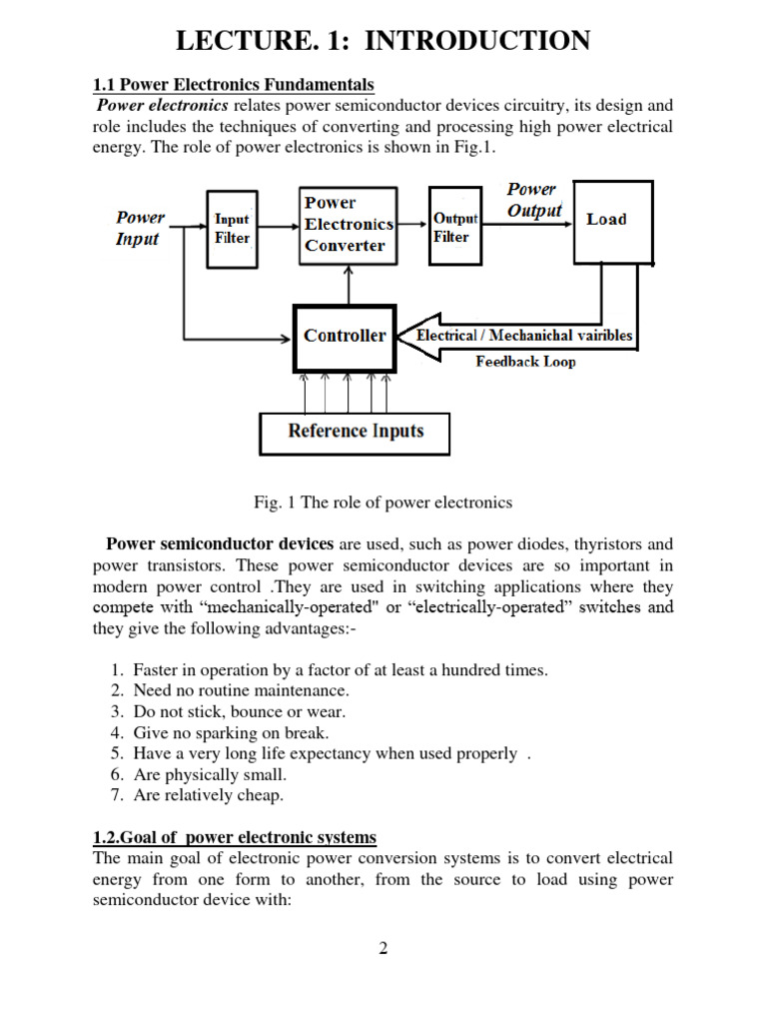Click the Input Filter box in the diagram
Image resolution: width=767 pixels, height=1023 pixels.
(232, 229)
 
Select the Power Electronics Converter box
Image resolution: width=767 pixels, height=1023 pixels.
(348, 225)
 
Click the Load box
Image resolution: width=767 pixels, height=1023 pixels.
(612, 221)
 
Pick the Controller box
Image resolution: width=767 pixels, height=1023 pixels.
(344, 336)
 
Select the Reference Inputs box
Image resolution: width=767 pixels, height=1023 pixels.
(355, 432)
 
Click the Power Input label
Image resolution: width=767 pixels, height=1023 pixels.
(140, 228)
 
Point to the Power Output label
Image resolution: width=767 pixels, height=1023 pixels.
(534, 200)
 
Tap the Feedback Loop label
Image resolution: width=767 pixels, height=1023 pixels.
(525, 362)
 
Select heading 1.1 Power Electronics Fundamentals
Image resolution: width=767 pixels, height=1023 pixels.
(233, 84)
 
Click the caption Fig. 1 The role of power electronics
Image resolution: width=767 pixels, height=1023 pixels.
(383, 502)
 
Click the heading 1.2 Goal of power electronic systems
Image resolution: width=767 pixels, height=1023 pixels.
(235, 837)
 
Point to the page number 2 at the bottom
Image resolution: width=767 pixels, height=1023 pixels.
(383, 948)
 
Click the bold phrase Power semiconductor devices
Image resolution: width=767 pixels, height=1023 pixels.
(220, 544)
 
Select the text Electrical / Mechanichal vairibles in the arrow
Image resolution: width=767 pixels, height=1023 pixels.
(523, 336)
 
